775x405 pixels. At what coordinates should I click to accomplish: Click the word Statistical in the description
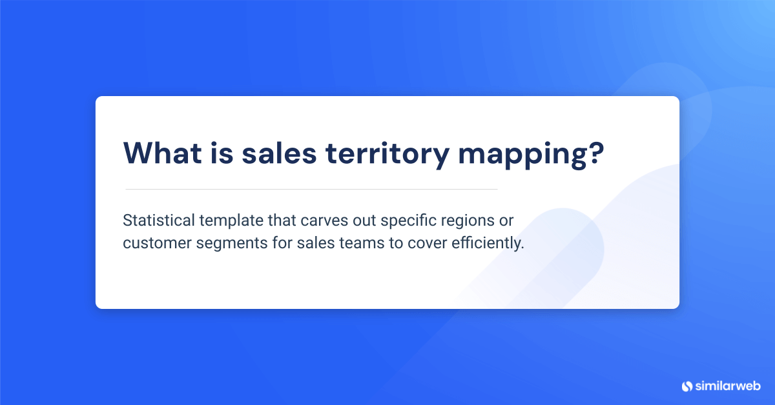pos(159,221)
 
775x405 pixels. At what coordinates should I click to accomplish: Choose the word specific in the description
pos(406,221)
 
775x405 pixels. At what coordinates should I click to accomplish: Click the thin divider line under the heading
pos(311,189)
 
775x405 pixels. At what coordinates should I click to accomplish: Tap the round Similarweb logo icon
pos(687,386)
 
